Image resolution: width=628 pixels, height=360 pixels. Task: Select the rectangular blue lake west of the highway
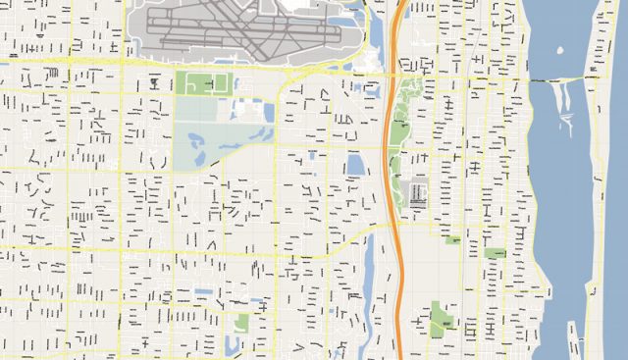point(355,164)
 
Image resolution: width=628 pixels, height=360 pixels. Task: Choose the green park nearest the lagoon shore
point(496,253)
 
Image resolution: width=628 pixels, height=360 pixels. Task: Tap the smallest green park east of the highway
point(452,239)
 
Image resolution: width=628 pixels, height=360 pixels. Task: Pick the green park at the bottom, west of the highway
point(242,322)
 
